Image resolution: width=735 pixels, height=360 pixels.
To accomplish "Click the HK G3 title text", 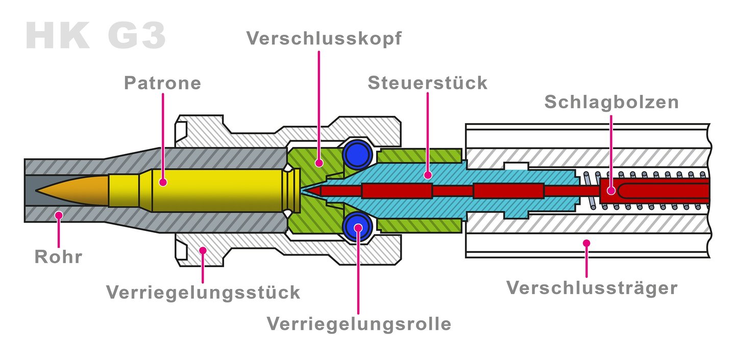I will point(95,36).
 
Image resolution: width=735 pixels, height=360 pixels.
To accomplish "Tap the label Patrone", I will point(162,83).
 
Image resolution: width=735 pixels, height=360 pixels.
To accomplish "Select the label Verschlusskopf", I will point(324,39).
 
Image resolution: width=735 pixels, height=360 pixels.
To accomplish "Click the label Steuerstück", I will point(427,83).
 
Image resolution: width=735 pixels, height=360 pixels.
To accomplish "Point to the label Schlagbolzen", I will point(611,102).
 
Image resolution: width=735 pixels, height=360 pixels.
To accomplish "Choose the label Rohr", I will point(58,256).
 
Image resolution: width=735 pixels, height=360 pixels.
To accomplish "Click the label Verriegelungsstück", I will point(203,292).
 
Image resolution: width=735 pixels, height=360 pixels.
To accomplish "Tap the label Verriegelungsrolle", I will point(359,323).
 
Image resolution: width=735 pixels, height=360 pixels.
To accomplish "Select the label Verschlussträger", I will point(592,287).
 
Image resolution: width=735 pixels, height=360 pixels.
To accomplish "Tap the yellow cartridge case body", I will point(214,190).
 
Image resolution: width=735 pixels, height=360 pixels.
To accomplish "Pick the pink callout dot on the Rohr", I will point(59,215).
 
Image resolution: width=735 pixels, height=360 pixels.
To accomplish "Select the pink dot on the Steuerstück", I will point(428,175).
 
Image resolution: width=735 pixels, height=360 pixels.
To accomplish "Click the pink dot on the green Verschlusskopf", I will point(319,163).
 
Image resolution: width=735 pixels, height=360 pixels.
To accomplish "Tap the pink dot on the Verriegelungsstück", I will point(203,250).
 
